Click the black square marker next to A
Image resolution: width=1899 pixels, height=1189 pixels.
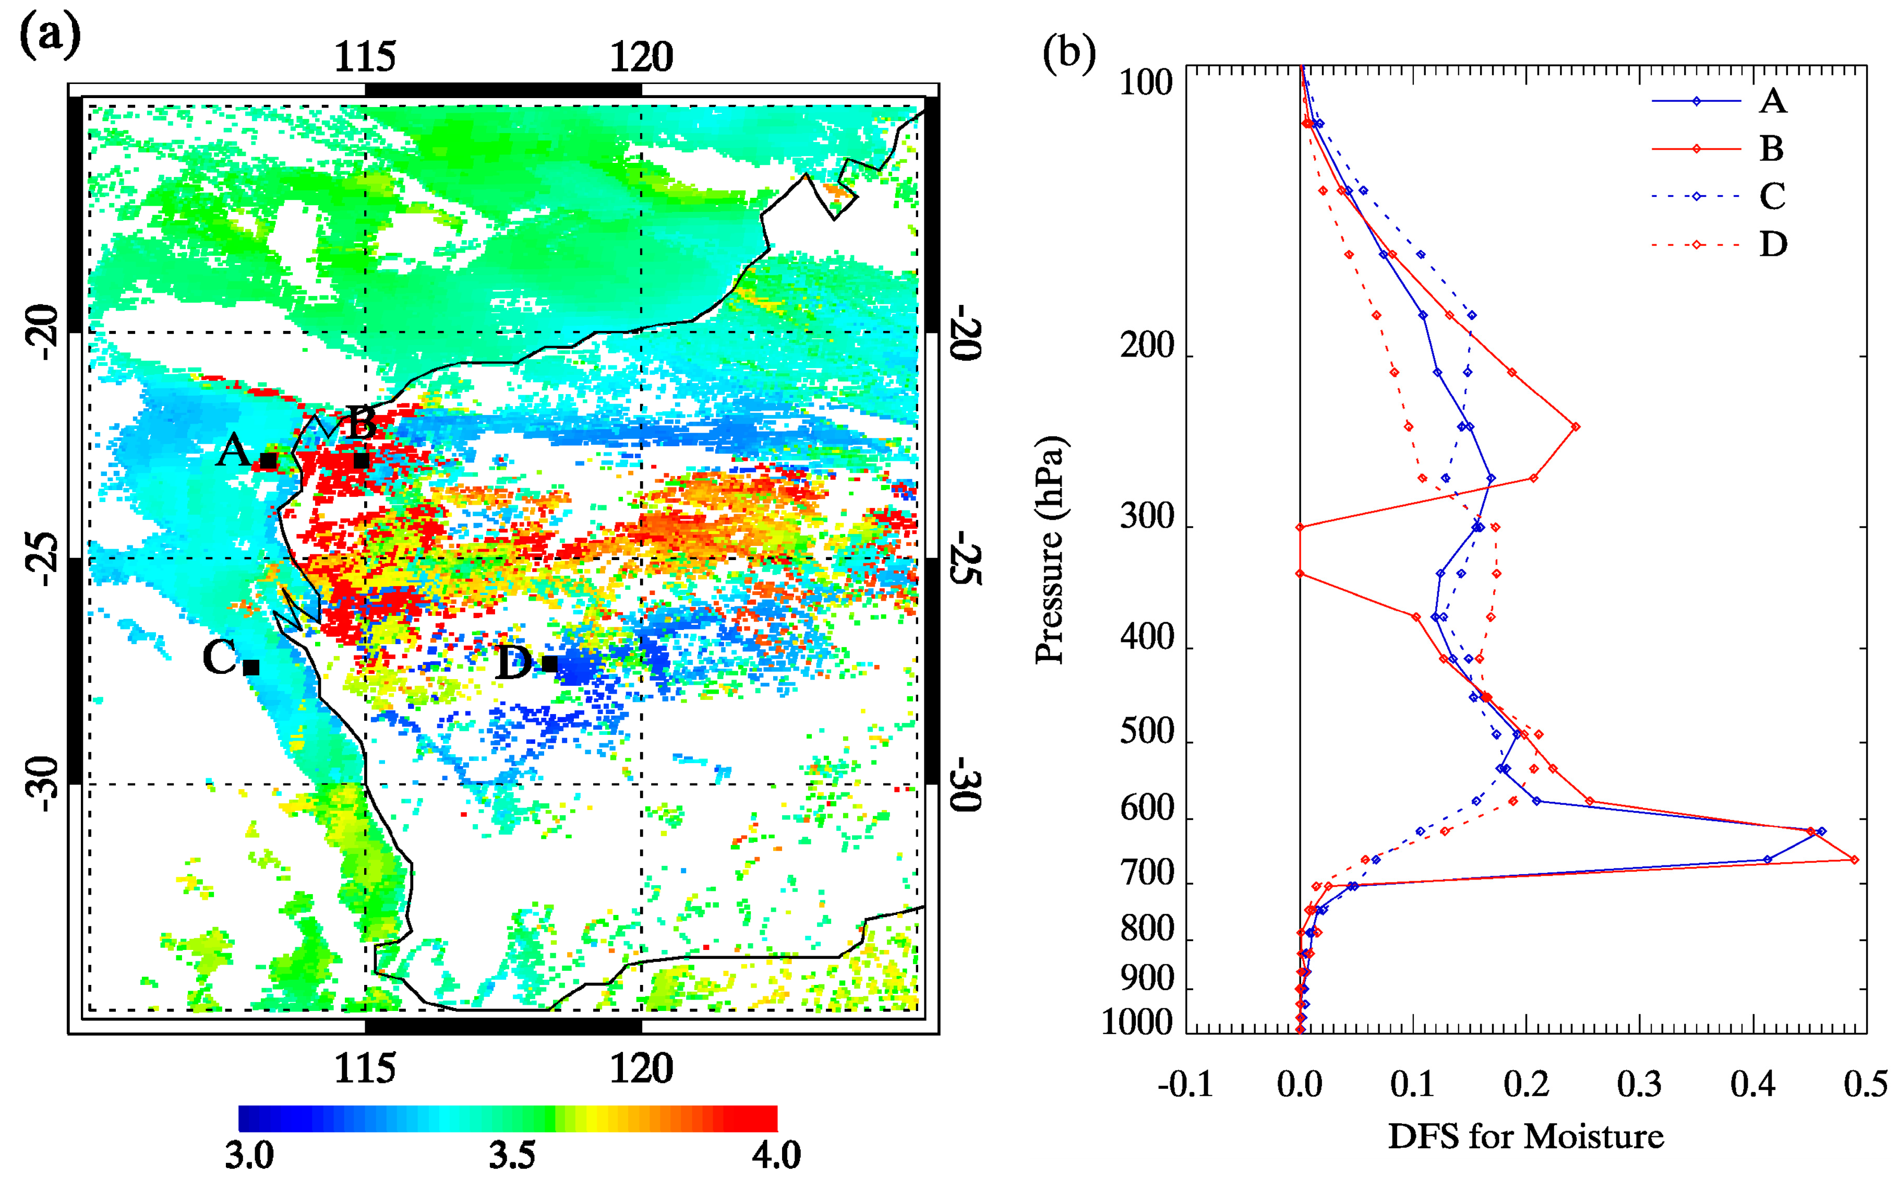click(x=269, y=460)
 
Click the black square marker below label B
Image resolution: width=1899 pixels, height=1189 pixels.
click(x=361, y=460)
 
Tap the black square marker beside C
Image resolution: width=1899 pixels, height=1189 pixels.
click(x=251, y=667)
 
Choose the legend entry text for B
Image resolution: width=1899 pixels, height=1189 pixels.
click(x=1772, y=149)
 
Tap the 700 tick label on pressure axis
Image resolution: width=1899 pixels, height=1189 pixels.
click(x=1148, y=874)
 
